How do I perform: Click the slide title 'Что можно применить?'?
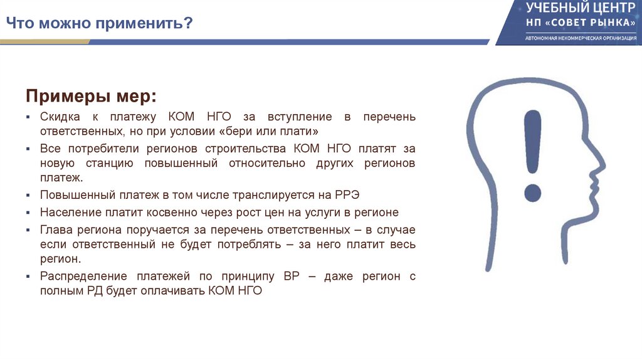coord(99,24)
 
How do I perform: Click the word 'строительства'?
coord(246,149)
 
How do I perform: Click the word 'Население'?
coord(68,212)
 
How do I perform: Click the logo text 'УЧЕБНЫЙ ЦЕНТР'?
coord(575,9)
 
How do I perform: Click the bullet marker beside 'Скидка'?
coord(28,118)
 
